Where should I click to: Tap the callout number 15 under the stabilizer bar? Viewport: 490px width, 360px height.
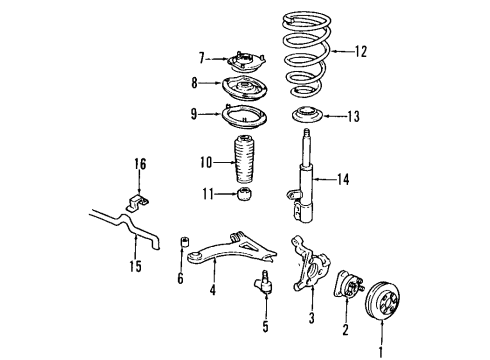(x=137, y=266)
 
